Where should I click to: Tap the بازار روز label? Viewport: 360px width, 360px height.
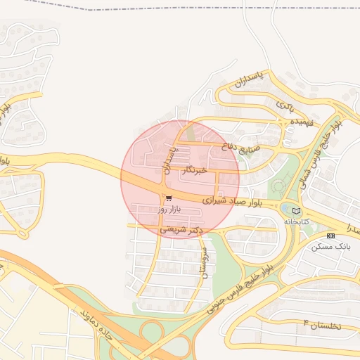[x=169, y=209]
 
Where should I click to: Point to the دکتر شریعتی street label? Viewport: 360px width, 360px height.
[x=181, y=229]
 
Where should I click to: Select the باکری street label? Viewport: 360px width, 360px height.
[x=284, y=105]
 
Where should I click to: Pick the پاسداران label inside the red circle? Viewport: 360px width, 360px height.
[x=169, y=161]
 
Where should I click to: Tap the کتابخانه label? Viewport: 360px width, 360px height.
[x=297, y=221]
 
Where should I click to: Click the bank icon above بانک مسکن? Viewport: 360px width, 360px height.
[x=331, y=236]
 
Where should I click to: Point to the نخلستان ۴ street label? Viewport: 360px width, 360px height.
[x=321, y=325]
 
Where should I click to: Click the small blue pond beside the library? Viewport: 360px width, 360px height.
[x=284, y=209]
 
